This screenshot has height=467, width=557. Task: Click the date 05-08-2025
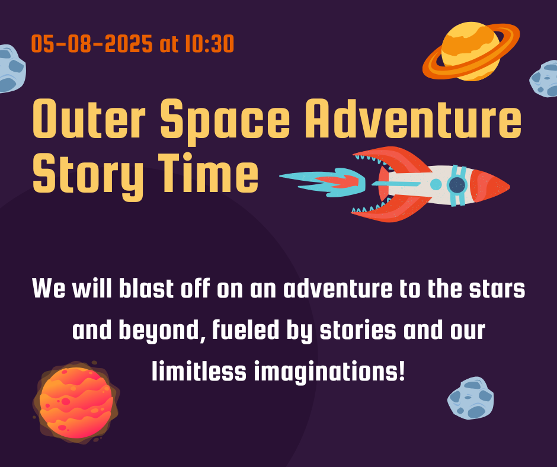92,44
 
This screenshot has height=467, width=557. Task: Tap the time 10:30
210,44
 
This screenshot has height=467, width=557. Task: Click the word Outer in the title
89,119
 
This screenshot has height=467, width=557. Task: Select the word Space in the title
225,122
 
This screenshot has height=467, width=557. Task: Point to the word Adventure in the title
413,119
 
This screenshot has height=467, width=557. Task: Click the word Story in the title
88,177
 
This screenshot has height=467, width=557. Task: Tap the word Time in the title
208,172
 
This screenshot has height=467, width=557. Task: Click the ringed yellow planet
470,52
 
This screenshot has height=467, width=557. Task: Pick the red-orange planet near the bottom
76,402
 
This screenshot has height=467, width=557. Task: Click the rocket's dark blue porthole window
457,185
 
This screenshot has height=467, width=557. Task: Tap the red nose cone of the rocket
490,186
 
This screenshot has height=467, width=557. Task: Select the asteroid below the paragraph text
470,398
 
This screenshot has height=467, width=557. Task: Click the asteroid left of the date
12,69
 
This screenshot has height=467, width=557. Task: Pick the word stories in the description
358,330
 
